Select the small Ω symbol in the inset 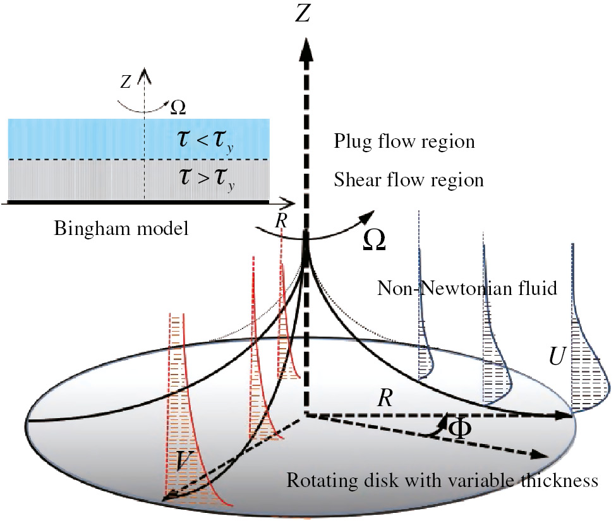coord(179,107)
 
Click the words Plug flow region coord(404,141)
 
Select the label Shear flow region coord(408,180)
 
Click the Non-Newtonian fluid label coord(466,289)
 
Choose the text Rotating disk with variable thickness coord(442,481)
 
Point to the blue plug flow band coord(76,138)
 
